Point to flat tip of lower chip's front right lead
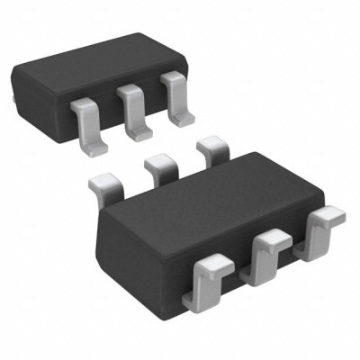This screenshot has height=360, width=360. [332, 215]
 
